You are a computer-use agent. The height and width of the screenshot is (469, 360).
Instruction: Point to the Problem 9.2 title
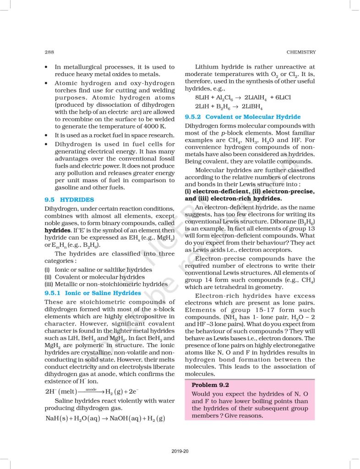pos(210,385)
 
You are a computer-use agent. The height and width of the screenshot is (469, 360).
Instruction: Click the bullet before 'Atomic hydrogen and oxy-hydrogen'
pos(48,83)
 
